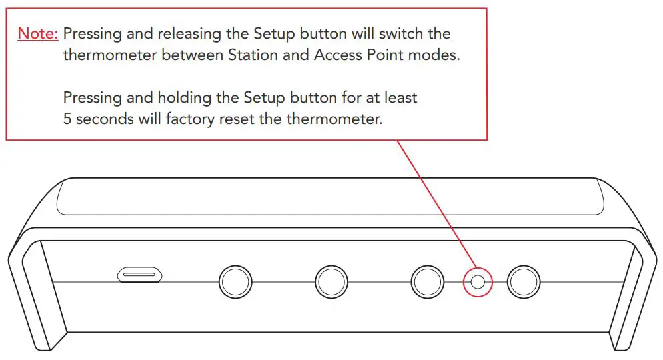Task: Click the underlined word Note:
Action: click(38, 33)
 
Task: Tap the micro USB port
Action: click(140, 275)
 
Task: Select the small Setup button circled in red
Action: click(477, 282)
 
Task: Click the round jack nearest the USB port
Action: click(236, 283)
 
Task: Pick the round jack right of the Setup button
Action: click(523, 283)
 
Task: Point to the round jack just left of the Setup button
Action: click(427, 283)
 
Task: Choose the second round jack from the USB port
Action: click(331, 283)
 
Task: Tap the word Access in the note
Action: click(338, 55)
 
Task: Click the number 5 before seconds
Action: click(67, 119)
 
